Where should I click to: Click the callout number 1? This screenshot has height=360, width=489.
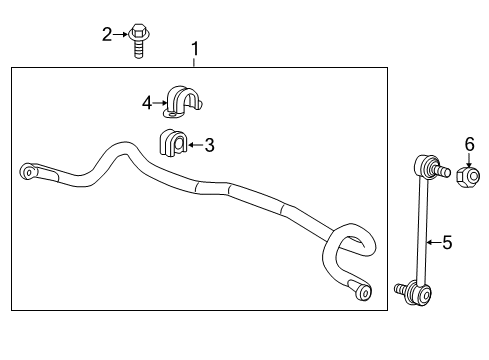click(x=196, y=48)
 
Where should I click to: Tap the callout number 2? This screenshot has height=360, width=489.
click(x=107, y=34)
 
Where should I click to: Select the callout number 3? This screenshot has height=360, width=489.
click(x=209, y=146)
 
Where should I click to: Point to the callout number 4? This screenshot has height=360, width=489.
click(x=147, y=102)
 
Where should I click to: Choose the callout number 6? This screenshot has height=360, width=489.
click(x=467, y=146)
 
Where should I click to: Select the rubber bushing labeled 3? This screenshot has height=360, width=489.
click(x=175, y=145)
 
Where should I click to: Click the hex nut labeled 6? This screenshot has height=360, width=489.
click(x=466, y=178)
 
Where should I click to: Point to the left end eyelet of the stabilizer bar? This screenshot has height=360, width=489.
click(x=29, y=171)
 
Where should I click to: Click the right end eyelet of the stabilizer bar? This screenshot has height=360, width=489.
click(x=363, y=292)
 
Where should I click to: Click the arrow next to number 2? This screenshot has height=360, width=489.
click(x=121, y=34)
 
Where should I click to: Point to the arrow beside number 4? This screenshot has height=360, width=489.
click(x=160, y=102)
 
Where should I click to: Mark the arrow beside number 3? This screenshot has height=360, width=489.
click(x=196, y=146)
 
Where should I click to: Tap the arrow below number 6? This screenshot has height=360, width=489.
click(x=467, y=160)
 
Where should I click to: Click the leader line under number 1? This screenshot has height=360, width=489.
click(x=196, y=61)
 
